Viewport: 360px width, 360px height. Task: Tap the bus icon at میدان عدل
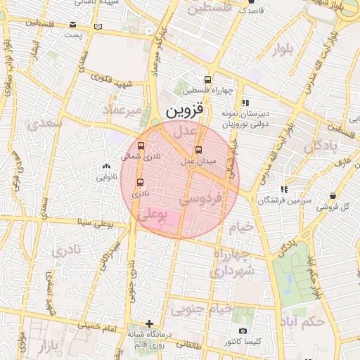198,150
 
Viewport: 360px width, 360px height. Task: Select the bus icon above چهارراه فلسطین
207,79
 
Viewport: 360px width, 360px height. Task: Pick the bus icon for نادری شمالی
141,146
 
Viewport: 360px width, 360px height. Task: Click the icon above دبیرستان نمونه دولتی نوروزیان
245,103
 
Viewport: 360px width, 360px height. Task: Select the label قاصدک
251,11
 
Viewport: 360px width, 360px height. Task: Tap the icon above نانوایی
105,167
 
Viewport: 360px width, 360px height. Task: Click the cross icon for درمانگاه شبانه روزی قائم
148,323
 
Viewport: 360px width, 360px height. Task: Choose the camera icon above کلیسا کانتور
243,330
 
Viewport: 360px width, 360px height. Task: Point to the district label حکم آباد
309,323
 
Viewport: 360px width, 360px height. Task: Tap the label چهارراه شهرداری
233,262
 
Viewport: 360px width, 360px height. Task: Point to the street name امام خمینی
92,328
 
